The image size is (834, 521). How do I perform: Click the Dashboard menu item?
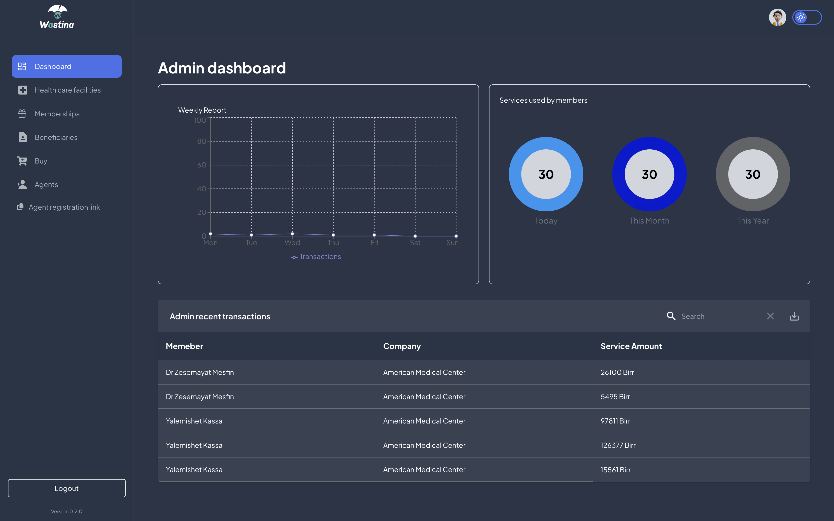pos(67,66)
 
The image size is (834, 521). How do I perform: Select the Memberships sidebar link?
pos(57,114)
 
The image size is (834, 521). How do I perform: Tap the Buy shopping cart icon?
pos(22,161)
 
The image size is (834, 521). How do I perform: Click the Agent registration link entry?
pos(64,207)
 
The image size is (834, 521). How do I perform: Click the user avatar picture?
pos(777,17)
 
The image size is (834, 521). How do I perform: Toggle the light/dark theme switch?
pos(807,17)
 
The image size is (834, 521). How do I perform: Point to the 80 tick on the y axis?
pos(202,141)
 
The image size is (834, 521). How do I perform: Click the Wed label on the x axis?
pos(292,243)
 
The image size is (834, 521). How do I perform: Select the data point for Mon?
pos(210,234)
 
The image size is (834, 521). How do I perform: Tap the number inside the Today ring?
pos(546,174)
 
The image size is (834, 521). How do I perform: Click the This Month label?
pos(649,221)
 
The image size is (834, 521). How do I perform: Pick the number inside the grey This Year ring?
pos(753,174)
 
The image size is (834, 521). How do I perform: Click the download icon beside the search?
pos(794,316)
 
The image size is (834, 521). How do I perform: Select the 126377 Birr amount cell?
pos(618,445)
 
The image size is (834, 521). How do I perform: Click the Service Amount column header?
pos(631,346)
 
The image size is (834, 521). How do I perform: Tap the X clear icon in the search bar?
pos(770,316)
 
